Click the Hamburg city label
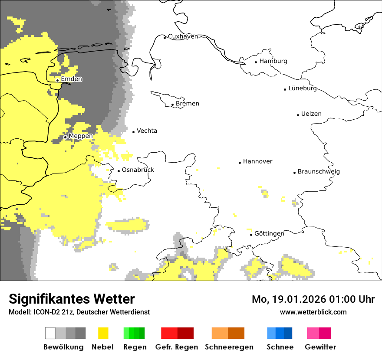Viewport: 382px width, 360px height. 273,61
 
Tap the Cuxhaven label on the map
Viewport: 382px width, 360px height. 183,36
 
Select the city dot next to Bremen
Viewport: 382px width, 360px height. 172,105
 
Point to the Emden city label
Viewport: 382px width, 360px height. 71,79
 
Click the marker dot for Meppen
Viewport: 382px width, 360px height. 65,137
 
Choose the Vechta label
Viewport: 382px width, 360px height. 147,131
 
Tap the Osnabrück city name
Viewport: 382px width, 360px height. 138,170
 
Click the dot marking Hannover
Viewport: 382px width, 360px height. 240,163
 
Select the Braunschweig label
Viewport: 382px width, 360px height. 319,172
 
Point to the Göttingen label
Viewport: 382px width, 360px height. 269,234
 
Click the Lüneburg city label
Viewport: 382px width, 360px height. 302,88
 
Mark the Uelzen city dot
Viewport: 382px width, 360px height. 298,115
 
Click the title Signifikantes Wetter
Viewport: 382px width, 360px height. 72,299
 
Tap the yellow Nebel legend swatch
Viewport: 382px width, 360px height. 103,333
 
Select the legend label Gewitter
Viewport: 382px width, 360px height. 320,347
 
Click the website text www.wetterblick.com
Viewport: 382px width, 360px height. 313,312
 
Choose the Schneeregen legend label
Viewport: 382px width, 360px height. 228,347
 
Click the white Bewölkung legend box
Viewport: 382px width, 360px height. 50,333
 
